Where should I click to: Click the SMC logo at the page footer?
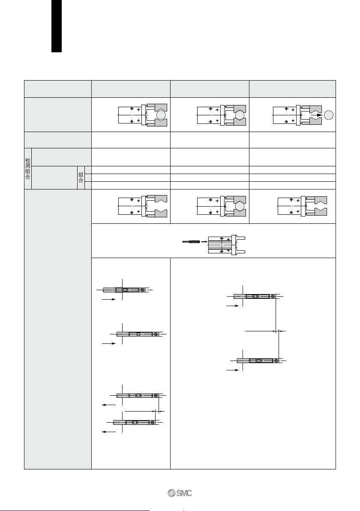pos(180,493)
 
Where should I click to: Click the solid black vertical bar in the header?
pos(57,26)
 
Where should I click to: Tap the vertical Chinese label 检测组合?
pos(28,169)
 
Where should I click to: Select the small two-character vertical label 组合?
pos(81,177)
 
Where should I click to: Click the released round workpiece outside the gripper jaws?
pos(329,115)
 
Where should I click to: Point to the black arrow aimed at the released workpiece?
pos(316,115)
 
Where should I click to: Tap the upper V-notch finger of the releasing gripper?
pos(315,108)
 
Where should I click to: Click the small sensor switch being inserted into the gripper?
pos(191,242)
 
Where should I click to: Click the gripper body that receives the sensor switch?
pos(227,244)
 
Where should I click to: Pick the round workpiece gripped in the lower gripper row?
pos(240,206)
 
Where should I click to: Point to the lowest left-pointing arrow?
pos(109,432)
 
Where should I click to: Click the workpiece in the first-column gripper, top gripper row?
pos(161,115)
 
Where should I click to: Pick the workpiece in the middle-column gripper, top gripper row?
pos(240,115)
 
